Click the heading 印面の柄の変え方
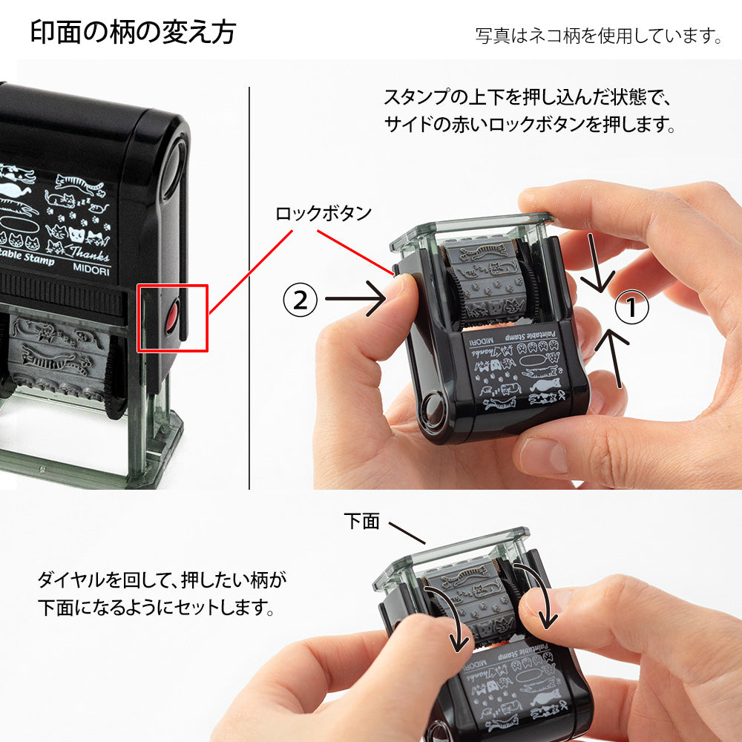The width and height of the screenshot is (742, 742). [133, 32]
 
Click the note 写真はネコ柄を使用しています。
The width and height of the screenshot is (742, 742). [598, 36]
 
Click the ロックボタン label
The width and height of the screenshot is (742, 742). [323, 214]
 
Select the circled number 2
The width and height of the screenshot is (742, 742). [300, 300]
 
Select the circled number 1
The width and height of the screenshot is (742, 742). [632, 308]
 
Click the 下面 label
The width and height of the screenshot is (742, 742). [361, 521]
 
